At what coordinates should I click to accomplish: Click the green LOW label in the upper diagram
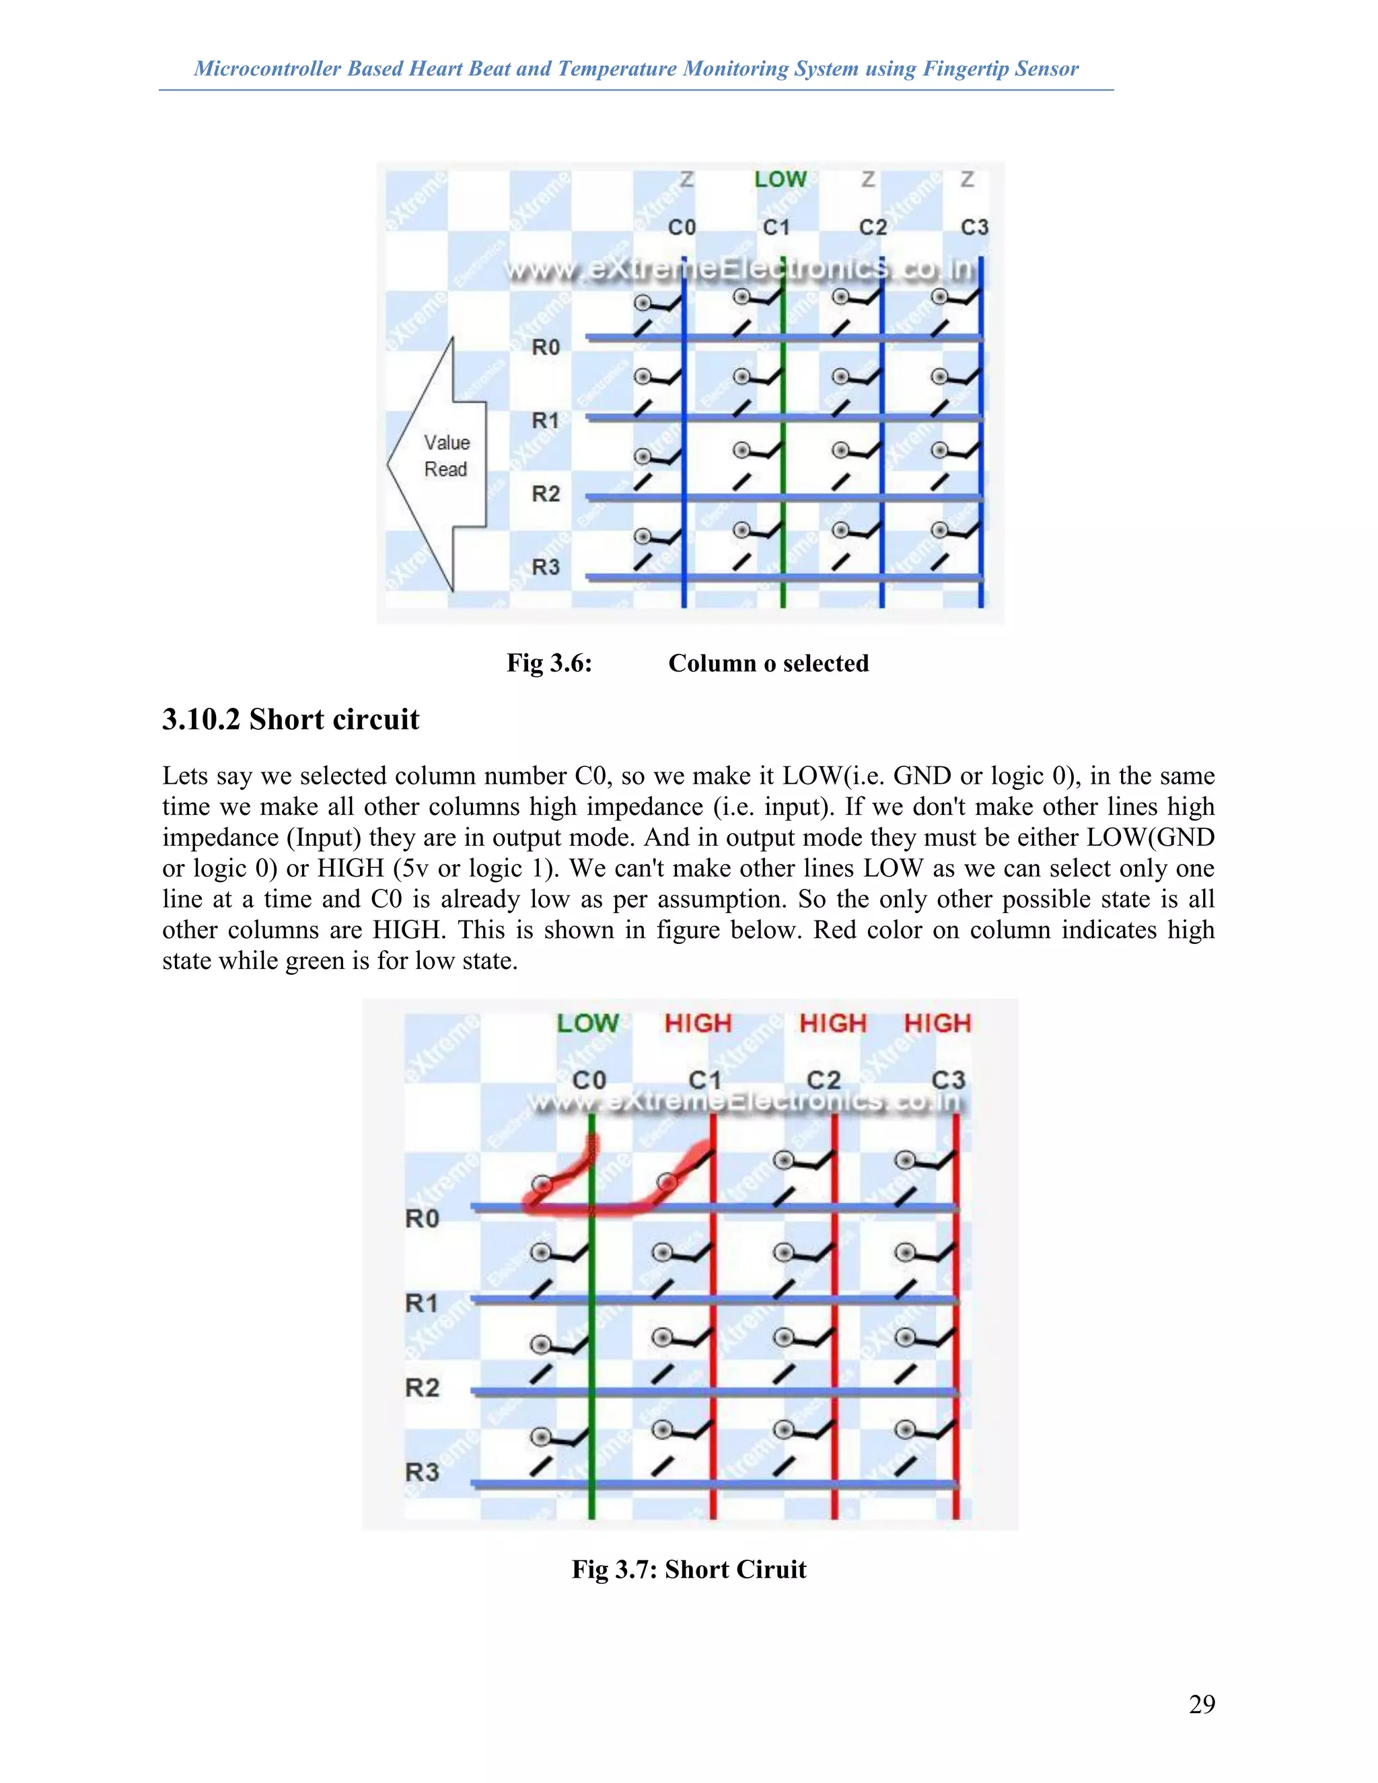tap(780, 180)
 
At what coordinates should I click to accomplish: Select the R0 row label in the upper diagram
tap(545, 347)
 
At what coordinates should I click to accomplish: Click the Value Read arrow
tap(437, 463)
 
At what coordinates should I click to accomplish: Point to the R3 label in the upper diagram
tap(545, 567)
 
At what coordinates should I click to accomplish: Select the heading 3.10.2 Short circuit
tap(291, 719)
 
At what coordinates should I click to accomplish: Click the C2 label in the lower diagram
tap(823, 1080)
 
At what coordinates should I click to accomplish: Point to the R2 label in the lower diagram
tap(422, 1387)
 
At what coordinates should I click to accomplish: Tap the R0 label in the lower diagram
tap(422, 1218)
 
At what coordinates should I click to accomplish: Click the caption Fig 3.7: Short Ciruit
tap(689, 1569)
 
